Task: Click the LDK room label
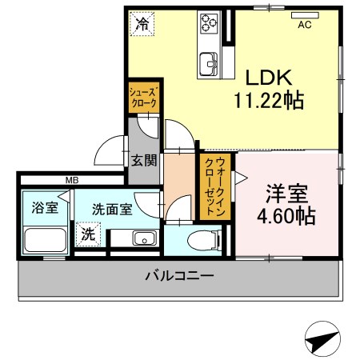pyautogui.click(x=269, y=78)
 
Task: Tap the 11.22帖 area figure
pyautogui.click(x=269, y=100)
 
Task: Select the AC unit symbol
pyautogui.click(x=305, y=15)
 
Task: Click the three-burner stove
pyautogui.click(x=209, y=22)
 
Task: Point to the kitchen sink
pyautogui.click(x=209, y=64)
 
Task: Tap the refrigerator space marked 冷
pyautogui.click(x=142, y=23)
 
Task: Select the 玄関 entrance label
pyautogui.click(x=144, y=161)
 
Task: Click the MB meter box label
pyautogui.click(x=72, y=180)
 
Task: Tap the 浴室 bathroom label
pyautogui.click(x=45, y=208)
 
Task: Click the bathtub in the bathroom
pyautogui.click(x=45, y=240)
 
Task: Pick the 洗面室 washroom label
pyautogui.click(x=112, y=210)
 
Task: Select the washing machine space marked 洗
pyautogui.click(x=88, y=234)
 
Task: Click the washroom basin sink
pyautogui.click(x=145, y=238)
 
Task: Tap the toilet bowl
pyautogui.click(x=204, y=240)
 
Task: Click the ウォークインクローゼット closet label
pyautogui.click(x=215, y=186)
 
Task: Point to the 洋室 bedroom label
pyautogui.click(x=286, y=194)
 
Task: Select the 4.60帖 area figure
pyautogui.click(x=286, y=216)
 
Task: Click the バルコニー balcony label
pyautogui.click(x=180, y=275)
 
